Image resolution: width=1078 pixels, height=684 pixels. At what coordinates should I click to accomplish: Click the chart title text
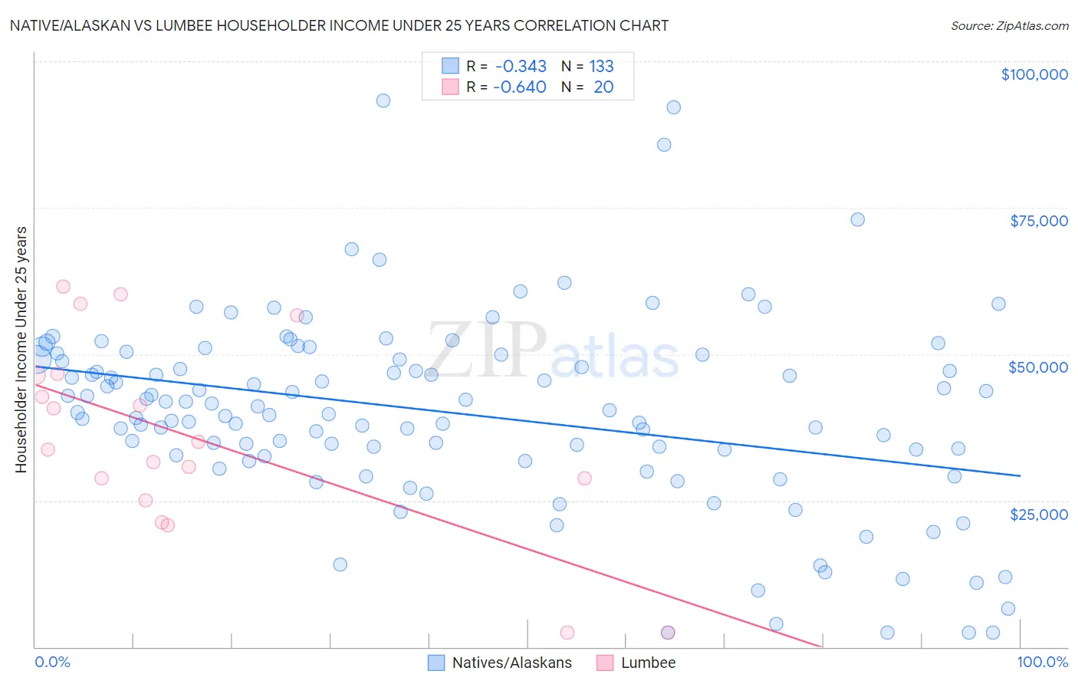339,25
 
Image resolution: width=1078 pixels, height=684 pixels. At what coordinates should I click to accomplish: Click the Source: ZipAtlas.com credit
1009,25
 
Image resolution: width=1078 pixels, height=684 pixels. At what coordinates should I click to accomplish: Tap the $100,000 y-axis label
1034,74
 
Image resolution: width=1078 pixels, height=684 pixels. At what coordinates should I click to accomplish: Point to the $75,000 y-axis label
1039,221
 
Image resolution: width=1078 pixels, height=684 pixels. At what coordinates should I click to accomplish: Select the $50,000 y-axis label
1038,367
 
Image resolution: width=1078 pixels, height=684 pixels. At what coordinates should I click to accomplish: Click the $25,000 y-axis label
1039,514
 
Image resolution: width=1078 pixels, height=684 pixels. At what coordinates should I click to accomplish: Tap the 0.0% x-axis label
52,662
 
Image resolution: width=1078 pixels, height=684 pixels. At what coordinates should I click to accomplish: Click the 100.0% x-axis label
1042,662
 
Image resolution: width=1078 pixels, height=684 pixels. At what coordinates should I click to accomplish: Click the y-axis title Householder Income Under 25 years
21,349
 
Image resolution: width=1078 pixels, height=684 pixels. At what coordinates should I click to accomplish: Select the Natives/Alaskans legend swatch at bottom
436,663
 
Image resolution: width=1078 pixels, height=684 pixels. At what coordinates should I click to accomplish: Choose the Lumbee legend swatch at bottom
605,663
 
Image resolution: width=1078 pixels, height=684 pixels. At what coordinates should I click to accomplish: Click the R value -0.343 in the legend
521,67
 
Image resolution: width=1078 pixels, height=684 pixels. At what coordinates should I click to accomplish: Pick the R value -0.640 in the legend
519,87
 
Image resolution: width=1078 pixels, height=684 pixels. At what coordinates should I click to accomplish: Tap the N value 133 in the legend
601,67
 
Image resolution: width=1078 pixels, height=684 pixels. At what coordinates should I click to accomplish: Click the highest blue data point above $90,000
383,100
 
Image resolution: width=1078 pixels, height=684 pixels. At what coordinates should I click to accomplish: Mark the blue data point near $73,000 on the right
857,219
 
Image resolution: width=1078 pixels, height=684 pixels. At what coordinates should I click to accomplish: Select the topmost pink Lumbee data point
63,287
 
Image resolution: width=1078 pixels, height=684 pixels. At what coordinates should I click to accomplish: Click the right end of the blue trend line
1020,475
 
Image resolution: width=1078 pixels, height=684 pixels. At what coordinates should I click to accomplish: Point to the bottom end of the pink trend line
821,646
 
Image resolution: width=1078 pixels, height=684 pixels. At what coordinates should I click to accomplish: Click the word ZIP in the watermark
487,350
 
